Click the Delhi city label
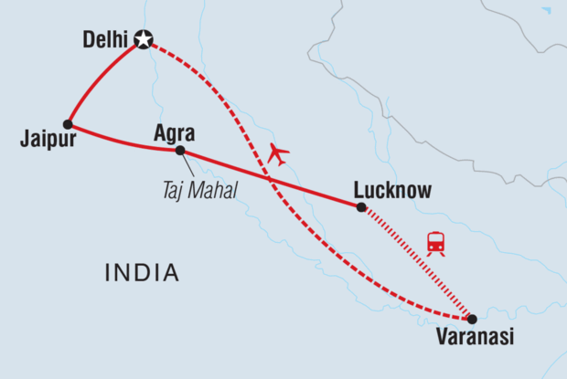pyautogui.click(x=105, y=39)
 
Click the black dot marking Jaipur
pyautogui.click(x=68, y=124)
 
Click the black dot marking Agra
pyautogui.click(x=180, y=150)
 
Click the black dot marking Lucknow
pyautogui.click(x=360, y=208)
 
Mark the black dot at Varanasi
pyautogui.click(x=472, y=319)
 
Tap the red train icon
pyautogui.click(x=436, y=243)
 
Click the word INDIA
pyautogui.click(x=142, y=272)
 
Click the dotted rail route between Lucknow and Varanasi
pyautogui.click(x=416, y=263)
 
